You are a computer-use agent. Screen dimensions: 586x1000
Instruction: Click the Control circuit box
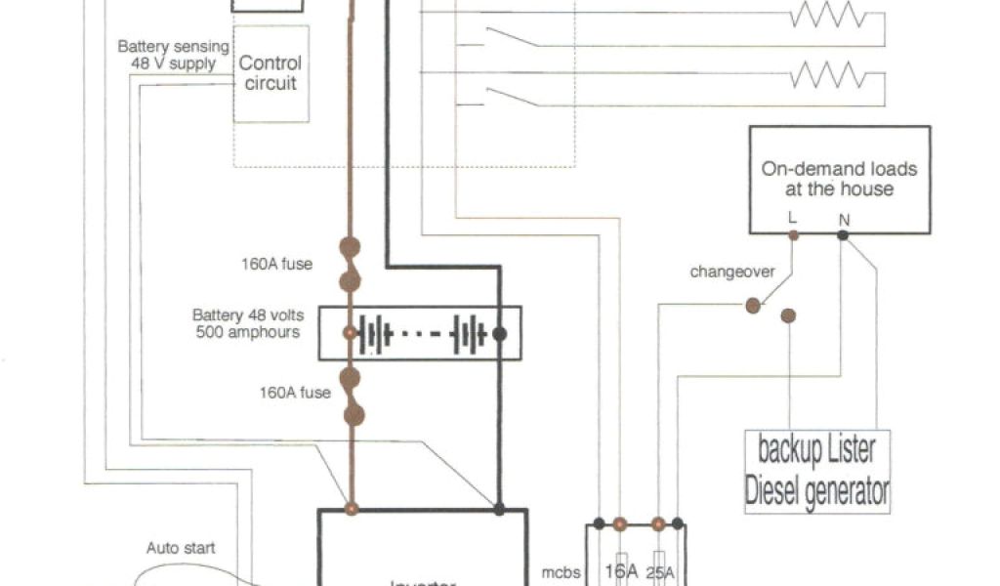pyautogui.click(x=271, y=73)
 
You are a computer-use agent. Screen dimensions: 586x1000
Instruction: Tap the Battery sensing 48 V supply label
pyautogui.click(x=174, y=55)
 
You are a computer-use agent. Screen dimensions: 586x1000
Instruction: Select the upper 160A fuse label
pyautogui.click(x=278, y=263)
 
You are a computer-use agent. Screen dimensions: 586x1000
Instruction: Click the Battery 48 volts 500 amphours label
pyautogui.click(x=248, y=323)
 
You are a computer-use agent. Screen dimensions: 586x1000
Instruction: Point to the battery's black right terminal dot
pyautogui.click(x=499, y=333)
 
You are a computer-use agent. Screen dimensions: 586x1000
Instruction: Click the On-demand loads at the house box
pyautogui.click(x=840, y=180)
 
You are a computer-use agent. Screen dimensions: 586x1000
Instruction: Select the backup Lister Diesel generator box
pyautogui.click(x=817, y=471)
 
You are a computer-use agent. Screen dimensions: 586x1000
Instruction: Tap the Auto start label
pyautogui.click(x=182, y=548)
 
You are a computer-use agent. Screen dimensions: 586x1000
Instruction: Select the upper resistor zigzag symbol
pyautogui.click(x=828, y=17)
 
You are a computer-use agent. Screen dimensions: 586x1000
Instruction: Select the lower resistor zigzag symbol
pyautogui.click(x=828, y=74)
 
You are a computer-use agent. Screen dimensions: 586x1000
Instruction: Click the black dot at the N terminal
pyautogui.click(x=843, y=235)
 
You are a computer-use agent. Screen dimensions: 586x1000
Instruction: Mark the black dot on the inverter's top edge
pyautogui.click(x=499, y=509)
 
